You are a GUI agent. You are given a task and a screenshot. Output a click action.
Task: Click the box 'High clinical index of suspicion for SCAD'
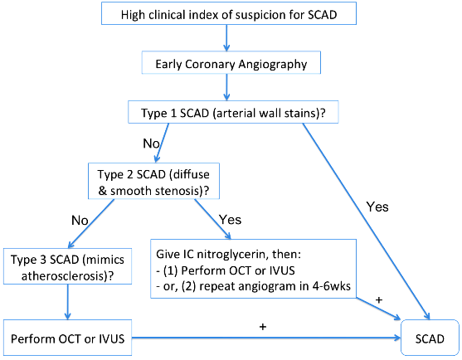pos(229,13)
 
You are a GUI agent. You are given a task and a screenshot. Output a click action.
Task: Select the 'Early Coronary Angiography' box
pos(231,62)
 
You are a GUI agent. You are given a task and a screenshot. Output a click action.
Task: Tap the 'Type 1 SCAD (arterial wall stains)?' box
pos(233,112)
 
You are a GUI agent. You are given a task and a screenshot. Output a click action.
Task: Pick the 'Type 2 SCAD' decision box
pos(153,181)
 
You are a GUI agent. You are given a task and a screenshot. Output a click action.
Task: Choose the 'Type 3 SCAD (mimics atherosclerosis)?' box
pos(67,266)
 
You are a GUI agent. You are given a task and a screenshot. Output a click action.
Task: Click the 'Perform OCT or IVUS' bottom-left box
pos(67,338)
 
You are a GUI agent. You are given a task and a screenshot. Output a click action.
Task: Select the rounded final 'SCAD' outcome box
pos(430,338)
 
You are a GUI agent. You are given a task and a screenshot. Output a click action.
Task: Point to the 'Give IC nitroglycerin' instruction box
pos(253,269)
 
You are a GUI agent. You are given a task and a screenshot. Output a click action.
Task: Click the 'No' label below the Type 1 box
pos(151,144)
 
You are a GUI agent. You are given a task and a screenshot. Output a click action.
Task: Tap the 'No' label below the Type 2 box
pos(80,220)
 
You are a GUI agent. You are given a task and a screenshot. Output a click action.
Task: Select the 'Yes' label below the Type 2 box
pos(230,220)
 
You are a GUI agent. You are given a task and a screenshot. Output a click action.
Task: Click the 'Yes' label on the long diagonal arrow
pos(377,207)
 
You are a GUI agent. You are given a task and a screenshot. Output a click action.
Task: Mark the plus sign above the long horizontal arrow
pos(263,327)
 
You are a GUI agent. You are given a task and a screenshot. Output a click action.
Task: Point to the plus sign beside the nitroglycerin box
pos(379,300)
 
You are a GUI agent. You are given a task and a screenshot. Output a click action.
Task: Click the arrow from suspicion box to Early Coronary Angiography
pos(226,37)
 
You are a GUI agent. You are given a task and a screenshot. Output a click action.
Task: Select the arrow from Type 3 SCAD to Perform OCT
pos(67,302)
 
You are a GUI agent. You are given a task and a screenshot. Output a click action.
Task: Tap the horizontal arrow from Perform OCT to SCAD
pos(266,338)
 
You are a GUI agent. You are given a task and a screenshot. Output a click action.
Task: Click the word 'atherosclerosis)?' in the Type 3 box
pos(67,276)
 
